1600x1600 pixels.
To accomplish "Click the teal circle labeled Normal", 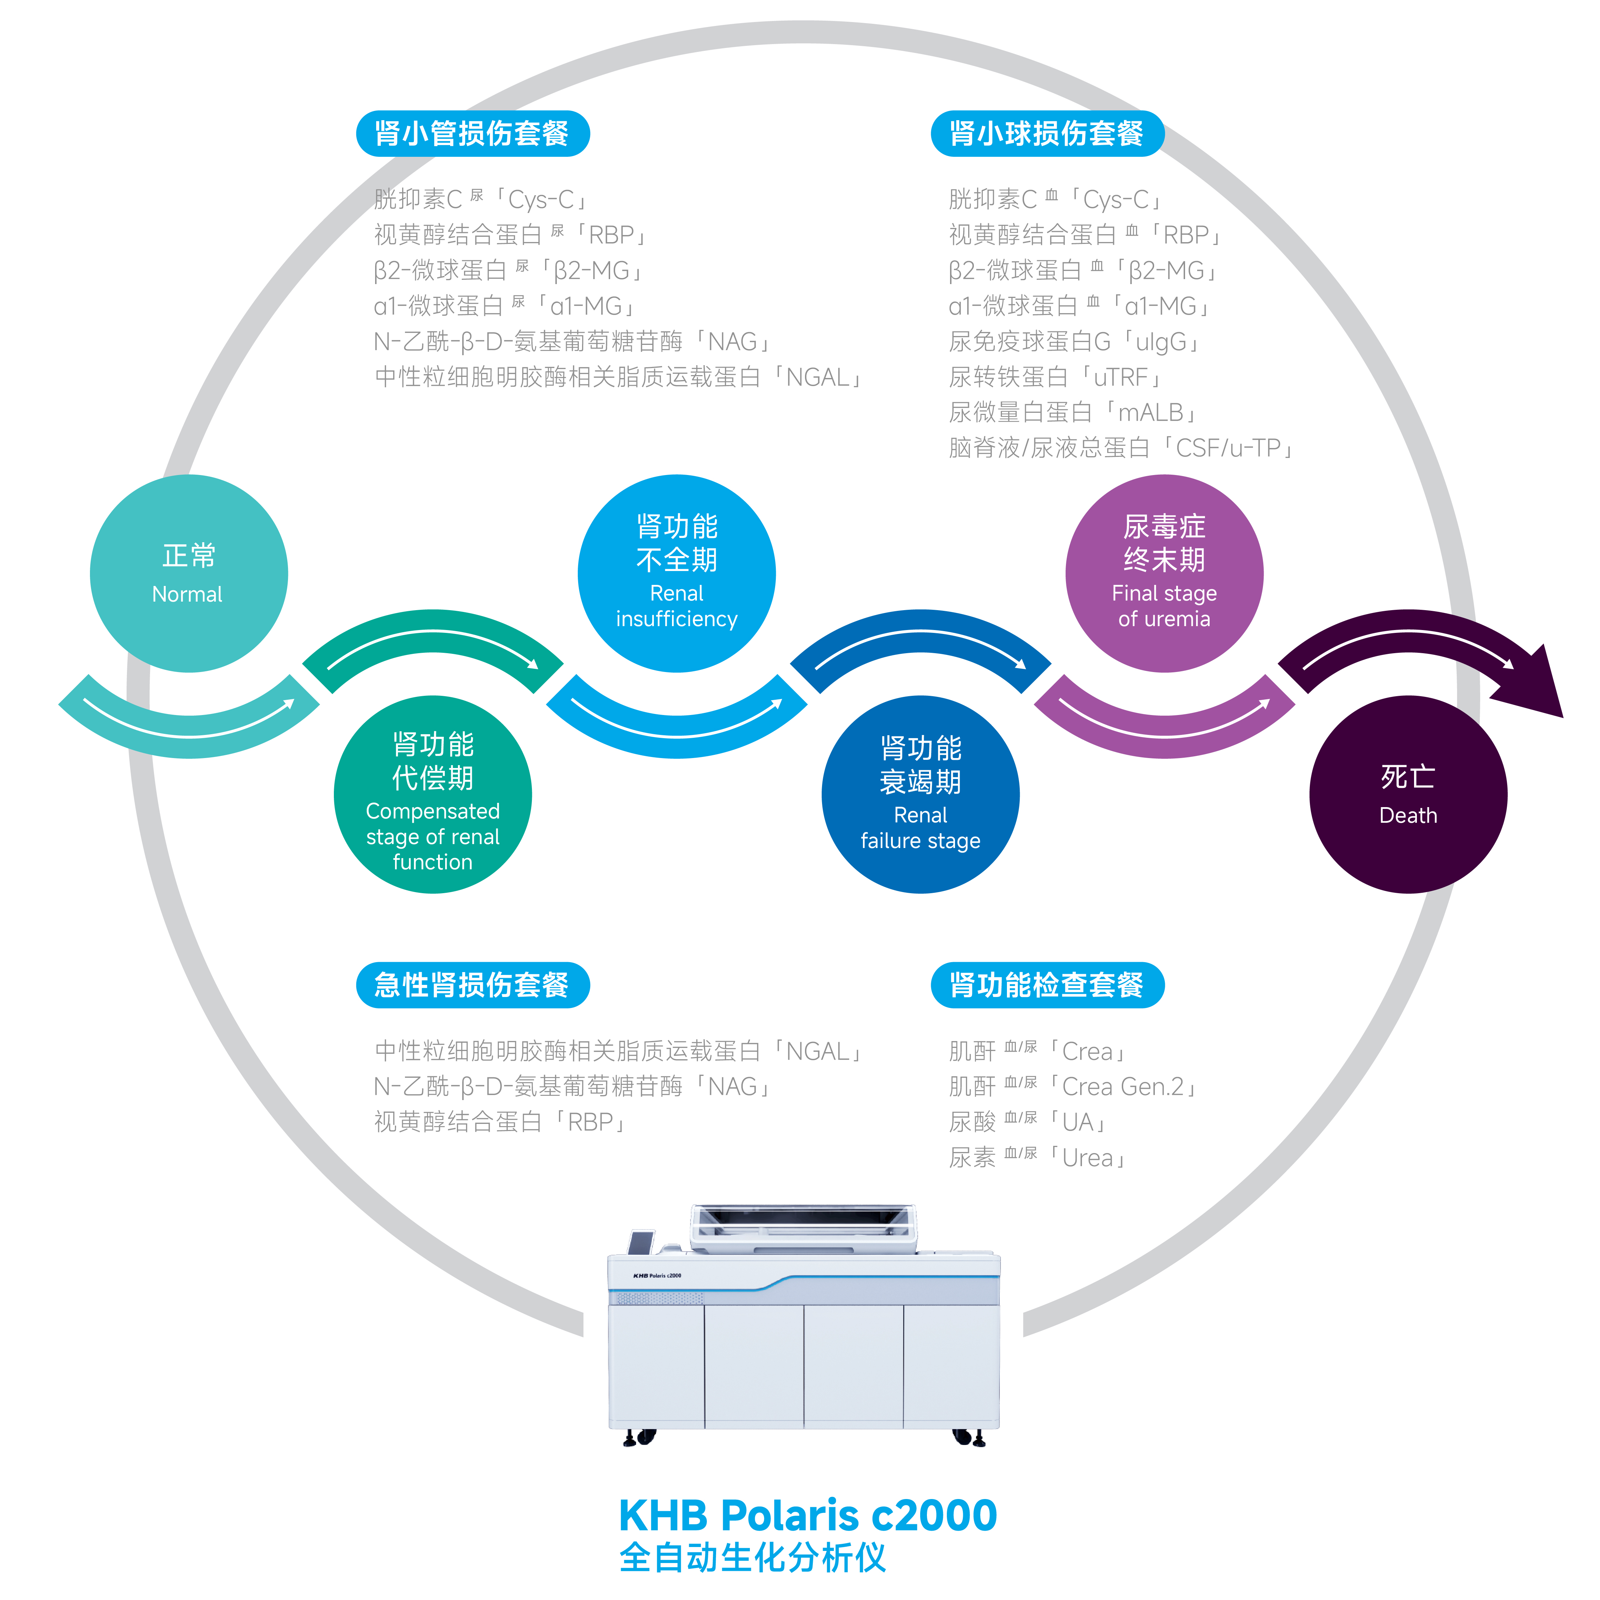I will [x=189, y=573].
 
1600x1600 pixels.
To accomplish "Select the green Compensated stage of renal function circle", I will [x=432, y=795].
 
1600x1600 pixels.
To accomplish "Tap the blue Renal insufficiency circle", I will [x=677, y=573].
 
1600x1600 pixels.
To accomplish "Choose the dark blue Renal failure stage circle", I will [x=920, y=795].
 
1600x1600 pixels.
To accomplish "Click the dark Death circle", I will [x=1408, y=795].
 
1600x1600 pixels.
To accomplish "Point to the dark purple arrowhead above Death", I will [x=1532, y=683].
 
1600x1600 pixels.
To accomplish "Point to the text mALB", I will [x=1151, y=412].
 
